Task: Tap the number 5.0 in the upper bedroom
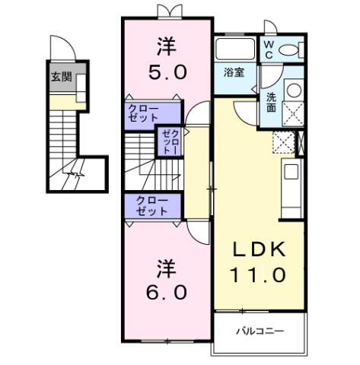click(x=166, y=75)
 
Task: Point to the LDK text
click(x=259, y=250)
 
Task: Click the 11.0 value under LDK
click(x=259, y=275)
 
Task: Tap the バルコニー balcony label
click(x=259, y=332)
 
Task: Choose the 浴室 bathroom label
click(x=234, y=73)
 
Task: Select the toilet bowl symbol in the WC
click(x=290, y=51)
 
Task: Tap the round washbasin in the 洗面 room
click(x=293, y=90)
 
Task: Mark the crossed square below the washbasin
click(x=293, y=113)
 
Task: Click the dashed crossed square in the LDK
click(x=283, y=142)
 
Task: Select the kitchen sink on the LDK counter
click(x=292, y=172)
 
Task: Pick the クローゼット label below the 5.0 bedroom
click(x=143, y=114)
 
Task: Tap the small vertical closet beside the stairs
click(x=167, y=142)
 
